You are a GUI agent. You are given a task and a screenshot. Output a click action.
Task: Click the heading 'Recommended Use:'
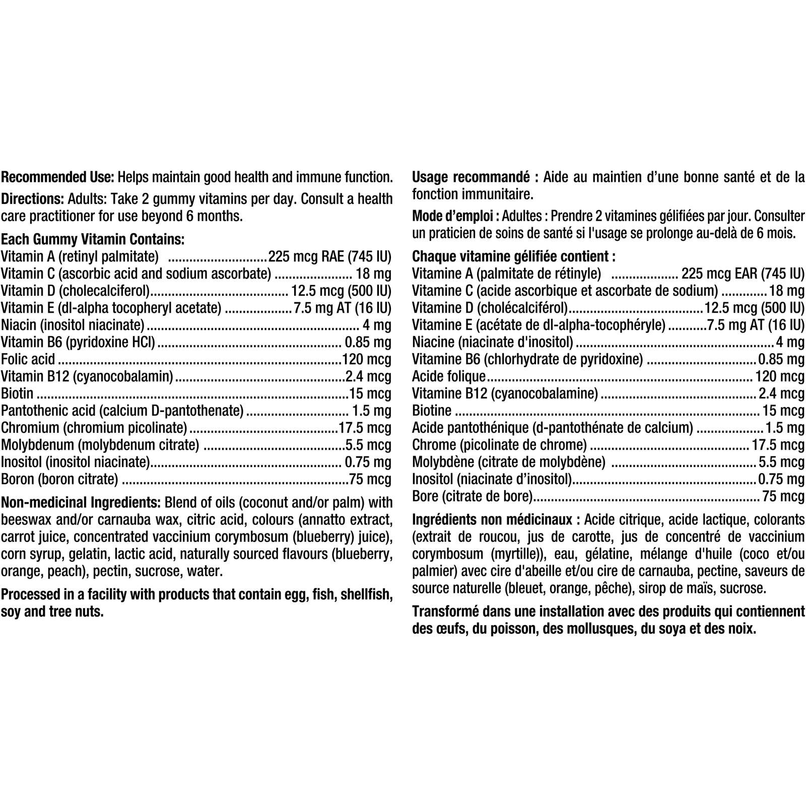[58, 177]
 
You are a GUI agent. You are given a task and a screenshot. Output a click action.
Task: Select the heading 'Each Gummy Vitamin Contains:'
[93, 239]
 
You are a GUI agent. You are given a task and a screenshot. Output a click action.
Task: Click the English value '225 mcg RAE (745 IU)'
[330, 256]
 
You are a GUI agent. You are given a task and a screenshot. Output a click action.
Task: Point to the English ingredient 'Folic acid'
[28, 360]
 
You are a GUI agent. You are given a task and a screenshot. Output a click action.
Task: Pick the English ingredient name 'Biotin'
[17, 393]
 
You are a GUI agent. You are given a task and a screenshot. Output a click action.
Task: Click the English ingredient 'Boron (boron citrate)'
[59, 479]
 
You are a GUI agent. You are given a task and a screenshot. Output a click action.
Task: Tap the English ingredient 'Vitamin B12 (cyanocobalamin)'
[87, 376]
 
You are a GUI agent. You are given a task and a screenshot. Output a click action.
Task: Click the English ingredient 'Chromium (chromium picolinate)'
[94, 428]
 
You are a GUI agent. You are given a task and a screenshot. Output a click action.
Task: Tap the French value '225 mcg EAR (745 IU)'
[743, 274]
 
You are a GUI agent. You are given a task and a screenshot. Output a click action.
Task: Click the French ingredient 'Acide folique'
[448, 376]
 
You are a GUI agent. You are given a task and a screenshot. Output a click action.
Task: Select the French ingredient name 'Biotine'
[431, 411]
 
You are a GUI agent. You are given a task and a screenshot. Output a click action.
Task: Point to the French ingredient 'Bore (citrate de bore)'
[472, 496]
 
